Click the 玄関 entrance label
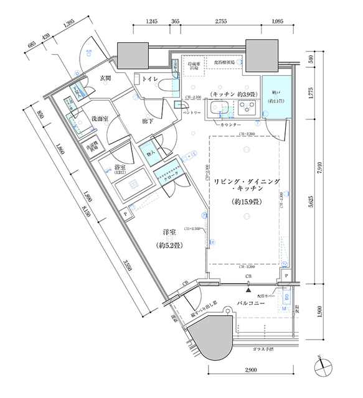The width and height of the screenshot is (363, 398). [105, 78]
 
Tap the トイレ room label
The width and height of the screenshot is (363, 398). [149, 79]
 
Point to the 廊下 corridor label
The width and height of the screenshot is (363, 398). [130, 122]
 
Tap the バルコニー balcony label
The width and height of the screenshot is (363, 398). [251, 304]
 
